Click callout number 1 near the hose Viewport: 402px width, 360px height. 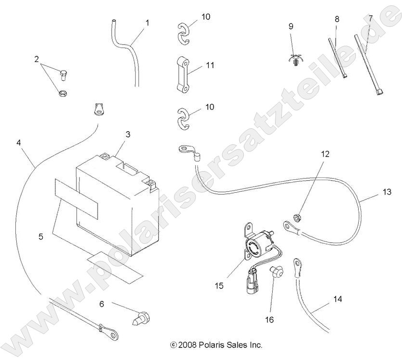point(147,23)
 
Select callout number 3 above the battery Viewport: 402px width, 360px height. point(128,135)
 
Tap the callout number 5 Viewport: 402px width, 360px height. point(41,236)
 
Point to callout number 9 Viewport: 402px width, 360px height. point(290,26)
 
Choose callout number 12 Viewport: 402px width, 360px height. point(326,154)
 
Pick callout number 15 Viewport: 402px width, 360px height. point(219,286)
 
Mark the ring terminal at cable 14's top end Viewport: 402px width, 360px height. point(297,263)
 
